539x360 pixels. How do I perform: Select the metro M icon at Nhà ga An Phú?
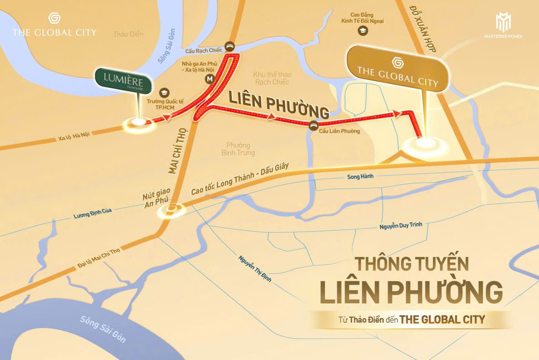(210, 79)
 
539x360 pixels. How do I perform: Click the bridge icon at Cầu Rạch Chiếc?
(230, 46)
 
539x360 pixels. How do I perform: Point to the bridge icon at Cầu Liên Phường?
(313, 126)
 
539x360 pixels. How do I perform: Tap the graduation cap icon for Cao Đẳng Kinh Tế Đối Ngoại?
(363, 31)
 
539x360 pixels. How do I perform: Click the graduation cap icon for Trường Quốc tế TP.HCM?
(165, 93)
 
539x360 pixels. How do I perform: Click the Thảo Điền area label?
(128, 34)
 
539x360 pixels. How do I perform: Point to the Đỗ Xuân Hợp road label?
(423, 29)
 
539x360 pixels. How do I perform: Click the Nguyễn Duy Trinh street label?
(401, 226)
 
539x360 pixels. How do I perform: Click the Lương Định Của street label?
(93, 213)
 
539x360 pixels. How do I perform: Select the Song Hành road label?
(360, 177)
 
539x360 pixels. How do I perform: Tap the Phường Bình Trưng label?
(238, 149)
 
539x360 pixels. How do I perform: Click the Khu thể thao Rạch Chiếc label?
(272, 78)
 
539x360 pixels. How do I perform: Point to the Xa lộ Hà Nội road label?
(74, 136)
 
